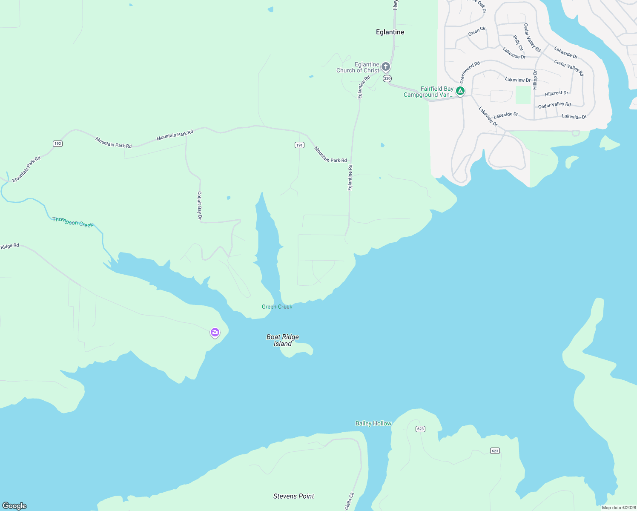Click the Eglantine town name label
(390, 32)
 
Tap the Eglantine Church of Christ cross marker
(386, 66)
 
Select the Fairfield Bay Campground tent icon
(460, 91)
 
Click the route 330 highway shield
(387, 78)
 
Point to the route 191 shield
(299, 145)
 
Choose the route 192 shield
(57, 144)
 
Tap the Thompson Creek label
(72, 222)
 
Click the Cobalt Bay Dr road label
(199, 206)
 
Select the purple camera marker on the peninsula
(215, 332)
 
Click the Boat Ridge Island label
(283, 340)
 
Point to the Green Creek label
(277, 307)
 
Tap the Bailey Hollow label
(373, 423)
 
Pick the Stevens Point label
(293, 496)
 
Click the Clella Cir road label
(349, 501)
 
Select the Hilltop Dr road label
(535, 80)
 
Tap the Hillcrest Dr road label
(557, 93)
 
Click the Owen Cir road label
(477, 31)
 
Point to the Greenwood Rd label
(470, 72)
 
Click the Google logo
(14, 506)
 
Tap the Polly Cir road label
(518, 43)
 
